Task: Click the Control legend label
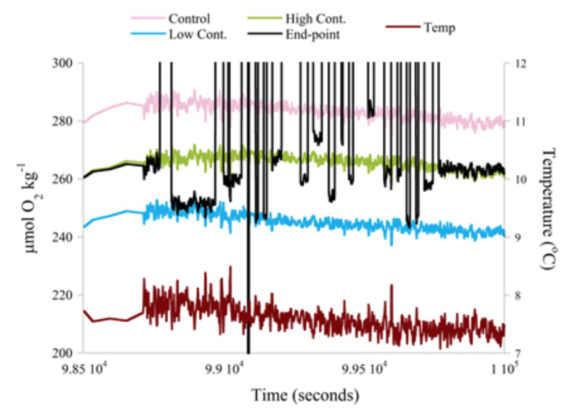[189, 18]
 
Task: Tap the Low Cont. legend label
[197, 34]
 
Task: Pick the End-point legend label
[316, 34]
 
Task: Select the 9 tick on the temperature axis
[516, 237]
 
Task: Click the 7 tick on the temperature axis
[516, 353]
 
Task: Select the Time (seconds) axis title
[306, 396]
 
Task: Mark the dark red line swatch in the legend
[401, 27]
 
